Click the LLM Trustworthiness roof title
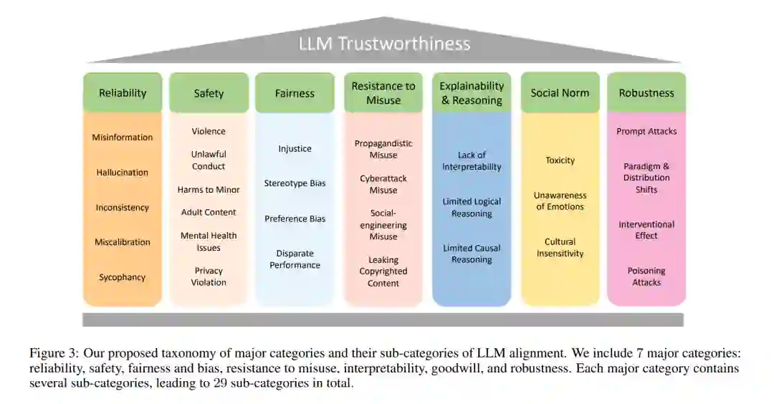coord(384,44)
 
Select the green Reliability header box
coord(123,93)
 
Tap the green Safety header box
coord(209,93)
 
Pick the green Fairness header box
coord(295,93)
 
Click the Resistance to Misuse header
coord(383,93)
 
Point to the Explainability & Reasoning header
coord(472,93)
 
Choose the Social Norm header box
coord(560,93)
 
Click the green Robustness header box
coord(646,93)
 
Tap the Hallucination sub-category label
coord(123,173)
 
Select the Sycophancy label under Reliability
coord(123,277)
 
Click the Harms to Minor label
coord(209,190)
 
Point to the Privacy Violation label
coord(209,276)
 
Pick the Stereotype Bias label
coord(295,183)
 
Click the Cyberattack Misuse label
coord(383,184)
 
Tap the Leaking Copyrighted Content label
coord(383,271)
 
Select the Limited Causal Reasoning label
coord(472,254)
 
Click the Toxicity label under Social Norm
coord(560,160)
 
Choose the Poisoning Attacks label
coord(646,276)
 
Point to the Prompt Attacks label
coord(646,132)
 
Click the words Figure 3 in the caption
coord(51,353)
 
